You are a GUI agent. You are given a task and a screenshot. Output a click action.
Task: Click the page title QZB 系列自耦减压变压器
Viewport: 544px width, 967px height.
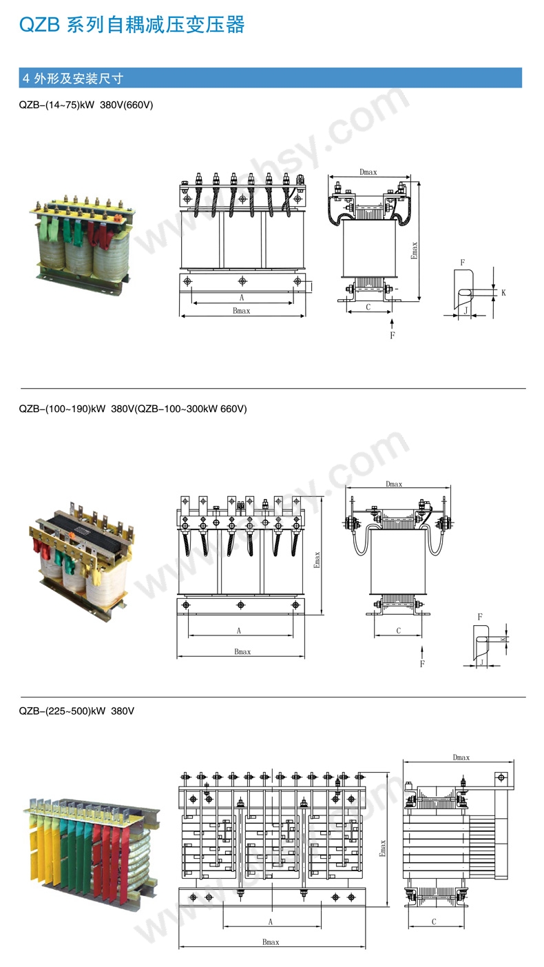point(132,25)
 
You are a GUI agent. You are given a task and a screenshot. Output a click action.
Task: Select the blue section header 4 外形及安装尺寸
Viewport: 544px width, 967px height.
point(72,78)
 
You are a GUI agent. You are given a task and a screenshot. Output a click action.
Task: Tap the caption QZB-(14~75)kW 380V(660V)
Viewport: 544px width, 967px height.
point(86,105)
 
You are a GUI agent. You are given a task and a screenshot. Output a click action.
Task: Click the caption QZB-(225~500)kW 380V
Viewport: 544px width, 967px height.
point(76,711)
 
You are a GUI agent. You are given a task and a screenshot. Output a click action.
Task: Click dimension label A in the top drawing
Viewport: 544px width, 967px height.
point(242,298)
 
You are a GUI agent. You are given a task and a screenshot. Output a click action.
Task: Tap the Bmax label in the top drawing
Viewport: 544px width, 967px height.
point(242,311)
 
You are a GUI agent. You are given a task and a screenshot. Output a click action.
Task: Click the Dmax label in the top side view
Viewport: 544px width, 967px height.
point(368,172)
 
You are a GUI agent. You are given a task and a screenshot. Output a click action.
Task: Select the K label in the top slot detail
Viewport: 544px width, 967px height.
point(503,293)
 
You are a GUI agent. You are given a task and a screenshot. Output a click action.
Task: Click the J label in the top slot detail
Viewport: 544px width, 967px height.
point(466,311)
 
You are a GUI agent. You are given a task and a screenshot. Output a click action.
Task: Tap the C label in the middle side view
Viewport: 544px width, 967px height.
point(398,631)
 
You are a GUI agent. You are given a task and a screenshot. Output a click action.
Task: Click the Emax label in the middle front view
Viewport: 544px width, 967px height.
point(317,558)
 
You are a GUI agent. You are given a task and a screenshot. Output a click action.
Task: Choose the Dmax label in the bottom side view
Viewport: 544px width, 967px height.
point(461,757)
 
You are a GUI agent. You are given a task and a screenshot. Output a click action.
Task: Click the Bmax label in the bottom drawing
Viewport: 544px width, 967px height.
point(271,941)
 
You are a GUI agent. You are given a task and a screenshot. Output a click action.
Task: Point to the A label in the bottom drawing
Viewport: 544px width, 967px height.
point(271,922)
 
